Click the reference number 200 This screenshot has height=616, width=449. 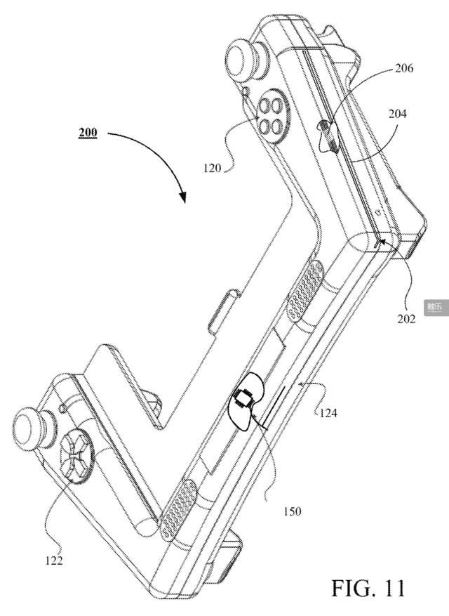coord(88,132)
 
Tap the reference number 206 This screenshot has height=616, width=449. coord(404,68)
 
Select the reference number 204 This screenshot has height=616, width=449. coord(398,114)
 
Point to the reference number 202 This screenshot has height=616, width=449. coord(406,318)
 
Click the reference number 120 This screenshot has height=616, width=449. coord(213,169)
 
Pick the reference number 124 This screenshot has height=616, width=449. coord(328,412)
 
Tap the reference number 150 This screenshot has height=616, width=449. coord(293,511)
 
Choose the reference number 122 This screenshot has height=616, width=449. coord(54,561)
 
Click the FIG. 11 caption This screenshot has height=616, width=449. coord(368,588)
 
